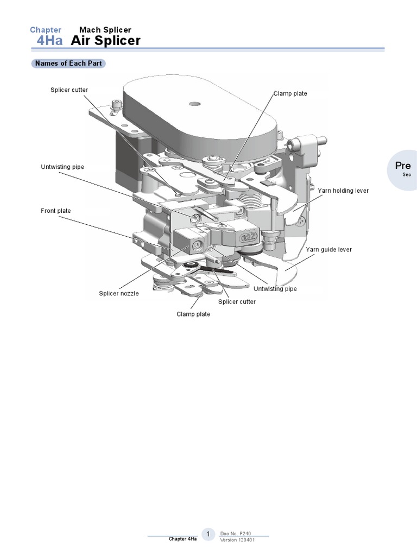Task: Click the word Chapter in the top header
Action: (x=46, y=30)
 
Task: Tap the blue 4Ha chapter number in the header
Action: (x=49, y=41)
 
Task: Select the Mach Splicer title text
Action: (x=105, y=30)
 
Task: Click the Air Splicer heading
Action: (x=106, y=41)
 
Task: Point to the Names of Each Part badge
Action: (x=68, y=64)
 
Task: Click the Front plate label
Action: (x=56, y=211)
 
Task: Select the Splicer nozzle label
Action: (x=118, y=293)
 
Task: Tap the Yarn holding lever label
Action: (x=343, y=191)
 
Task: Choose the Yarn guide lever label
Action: (x=328, y=250)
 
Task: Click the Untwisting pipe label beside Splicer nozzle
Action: (x=275, y=289)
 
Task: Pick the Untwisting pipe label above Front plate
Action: (x=62, y=167)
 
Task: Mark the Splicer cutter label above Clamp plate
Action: (x=237, y=302)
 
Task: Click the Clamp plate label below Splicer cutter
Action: (x=193, y=314)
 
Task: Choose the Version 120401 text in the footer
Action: (x=237, y=540)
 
